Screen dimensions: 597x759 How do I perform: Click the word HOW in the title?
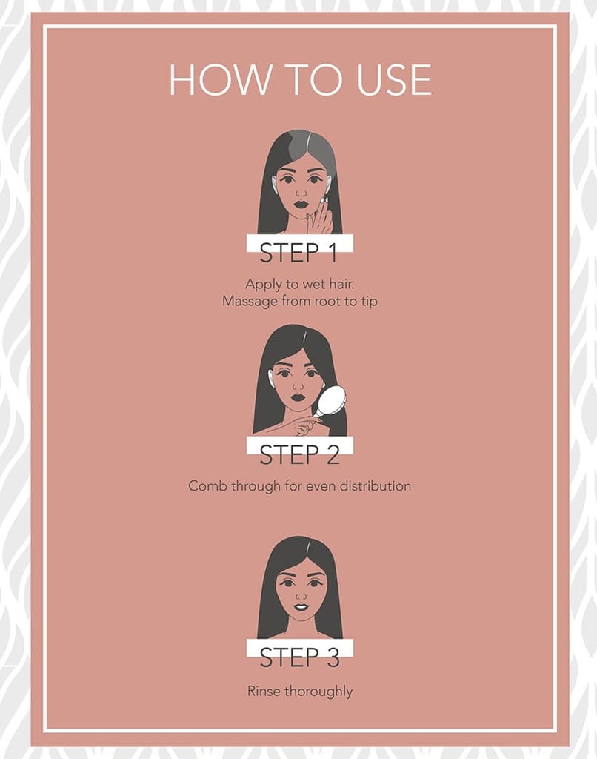[x=220, y=79]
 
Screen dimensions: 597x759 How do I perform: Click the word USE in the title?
[x=394, y=79]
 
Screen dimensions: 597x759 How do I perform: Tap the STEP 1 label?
[x=298, y=252]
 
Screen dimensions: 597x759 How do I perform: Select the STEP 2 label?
[x=299, y=454]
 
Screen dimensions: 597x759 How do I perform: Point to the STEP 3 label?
[x=299, y=657]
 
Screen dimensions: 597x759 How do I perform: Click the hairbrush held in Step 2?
[x=330, y=402]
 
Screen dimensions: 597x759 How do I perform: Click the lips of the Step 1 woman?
[x=301, y=203]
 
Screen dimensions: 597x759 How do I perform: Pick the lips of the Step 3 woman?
[x=301, y=606]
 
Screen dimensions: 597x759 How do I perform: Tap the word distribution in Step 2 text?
[x=376, y=485]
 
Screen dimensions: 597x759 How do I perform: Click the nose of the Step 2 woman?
[x=298, y=385]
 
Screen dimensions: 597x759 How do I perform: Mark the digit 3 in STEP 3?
[x=333, y=657]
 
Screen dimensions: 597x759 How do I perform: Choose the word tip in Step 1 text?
[x=369, y=302]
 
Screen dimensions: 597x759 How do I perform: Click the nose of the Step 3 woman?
[x=301, y=594]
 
